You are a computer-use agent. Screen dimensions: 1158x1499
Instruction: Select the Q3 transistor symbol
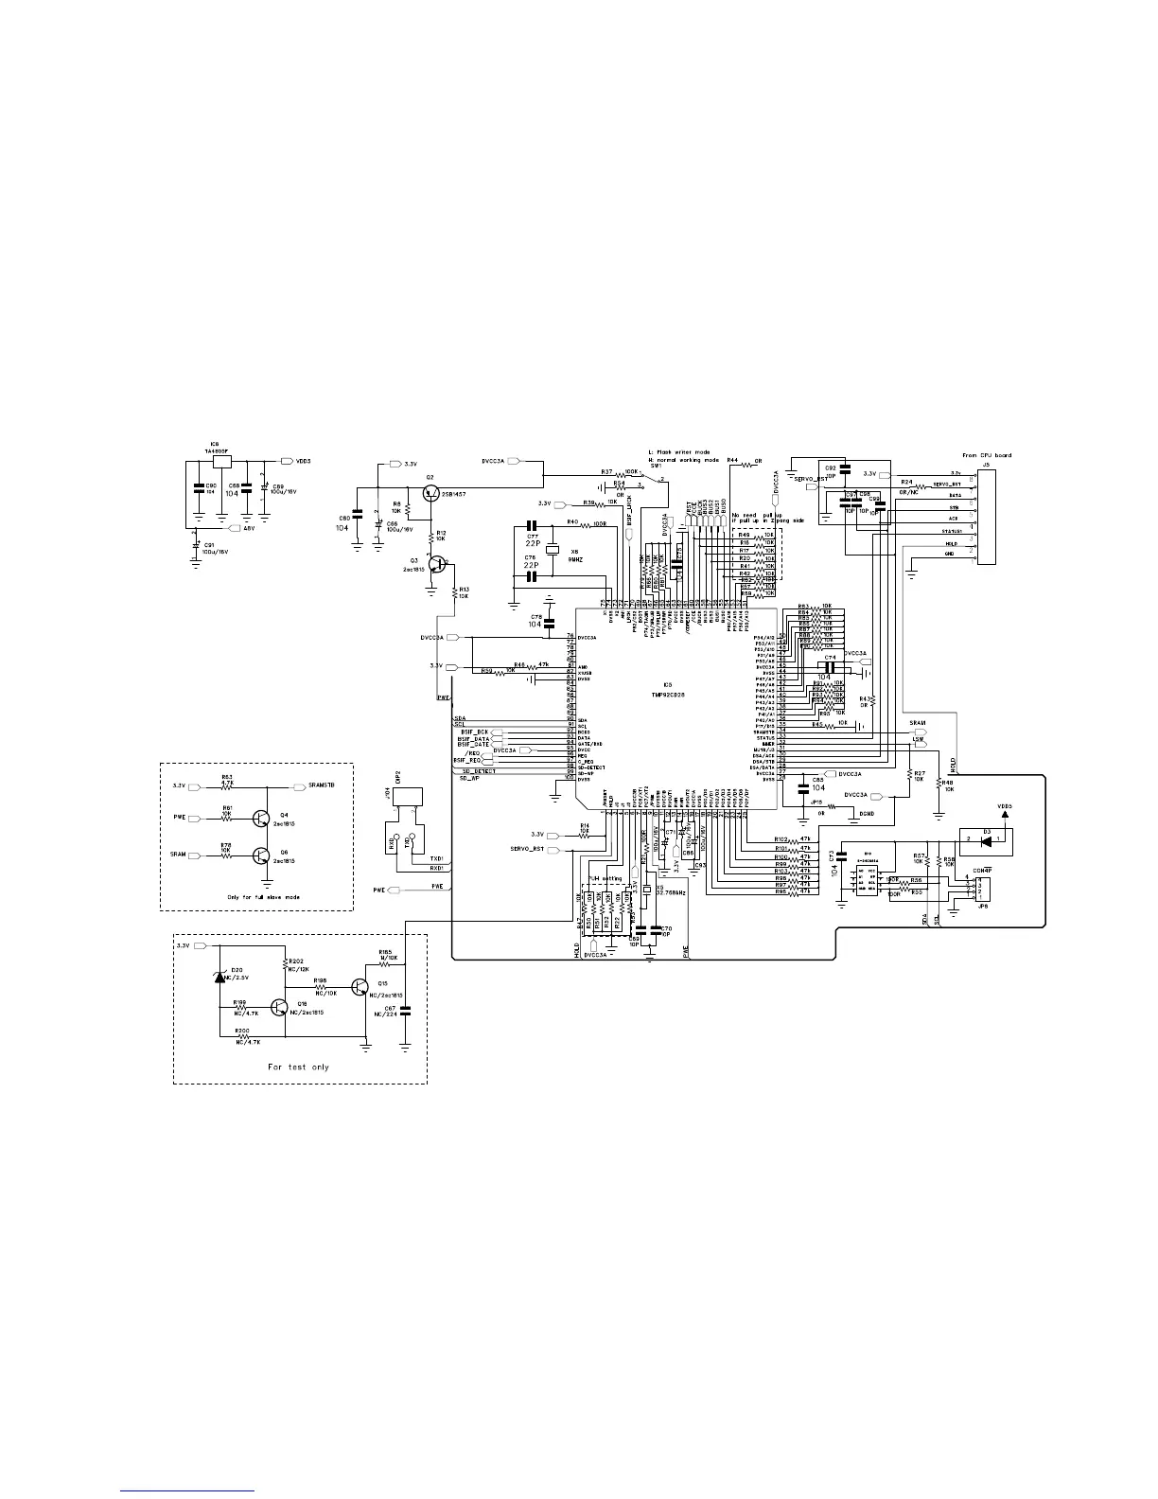coord(436,564)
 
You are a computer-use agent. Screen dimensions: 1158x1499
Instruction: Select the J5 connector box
coord(987,516)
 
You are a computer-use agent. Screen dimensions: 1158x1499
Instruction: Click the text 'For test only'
coord(298,1067)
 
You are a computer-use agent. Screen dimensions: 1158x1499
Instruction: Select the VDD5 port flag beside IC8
coord(287,461)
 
